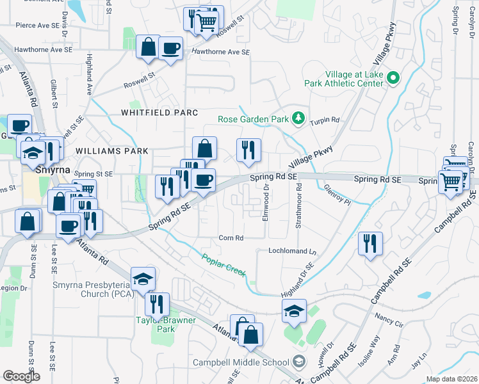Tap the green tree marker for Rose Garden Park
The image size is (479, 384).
pos(298,118)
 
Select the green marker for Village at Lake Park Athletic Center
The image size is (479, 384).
pos(394,79)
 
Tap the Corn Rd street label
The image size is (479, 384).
pos(231,238)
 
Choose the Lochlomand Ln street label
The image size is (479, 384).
pos(293,252)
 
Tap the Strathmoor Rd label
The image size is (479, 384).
pos(298,205)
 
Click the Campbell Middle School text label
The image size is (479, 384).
pos(241,363)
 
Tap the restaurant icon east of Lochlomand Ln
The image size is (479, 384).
pos(370,244)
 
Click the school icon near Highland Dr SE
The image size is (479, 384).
pos(294,310)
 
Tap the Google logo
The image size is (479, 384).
pos(22,376)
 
